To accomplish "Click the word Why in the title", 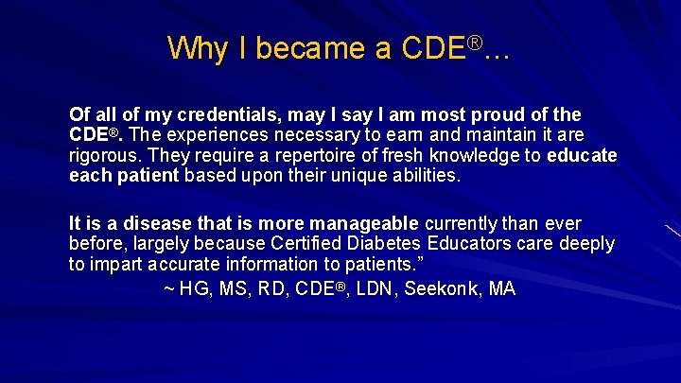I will (x=193, y=48).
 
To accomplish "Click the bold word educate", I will (x=582, y=156).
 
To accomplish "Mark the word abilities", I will (x=416, y=176).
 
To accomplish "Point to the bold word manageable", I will (x=364, y=224).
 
